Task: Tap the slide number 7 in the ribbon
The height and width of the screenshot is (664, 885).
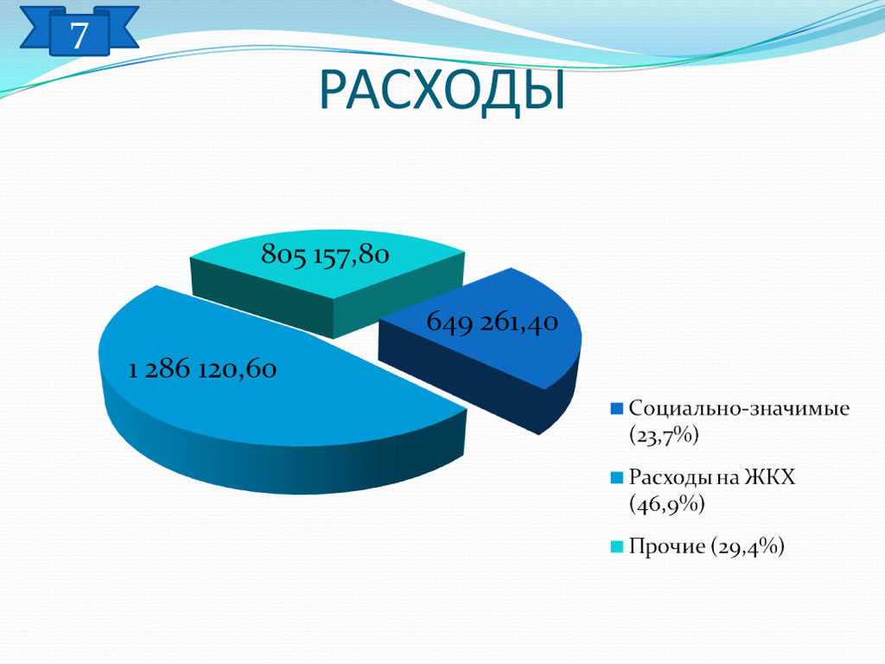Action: click(x=79, y=35)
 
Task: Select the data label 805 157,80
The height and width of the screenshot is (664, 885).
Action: click(x=325, y=255)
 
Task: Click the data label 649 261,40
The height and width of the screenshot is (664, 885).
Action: click(x=492, y=322)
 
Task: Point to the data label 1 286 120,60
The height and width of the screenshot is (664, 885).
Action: click(x=202, y=370)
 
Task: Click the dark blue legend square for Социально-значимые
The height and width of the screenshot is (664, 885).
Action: click(x=617, y=409)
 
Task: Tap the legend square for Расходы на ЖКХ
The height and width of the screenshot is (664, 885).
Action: click(x=617, y=477)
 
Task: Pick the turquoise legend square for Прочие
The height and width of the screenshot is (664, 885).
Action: click(x=617, y=546)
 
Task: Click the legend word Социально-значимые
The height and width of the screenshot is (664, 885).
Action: click(x=739, y=408)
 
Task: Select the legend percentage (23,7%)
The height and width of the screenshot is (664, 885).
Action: click(x=665, y=436)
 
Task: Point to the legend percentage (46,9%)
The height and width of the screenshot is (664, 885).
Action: click(x=667, y=504)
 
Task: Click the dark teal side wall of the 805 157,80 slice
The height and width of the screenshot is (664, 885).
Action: click(x=265, y=297)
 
